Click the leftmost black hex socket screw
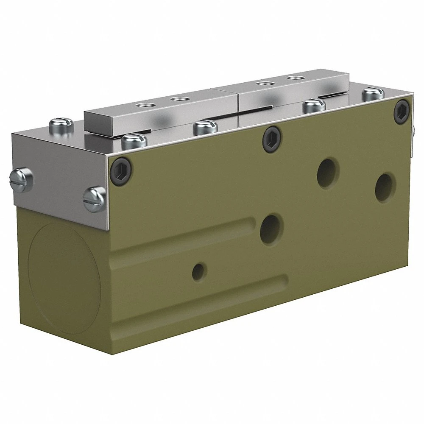click(x=121, y=170)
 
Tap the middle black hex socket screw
click(x=271, y=136)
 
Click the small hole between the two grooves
click(x=199, y=270)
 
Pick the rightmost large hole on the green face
click(x=385, y=187)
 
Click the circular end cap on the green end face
click(x=64, y=278)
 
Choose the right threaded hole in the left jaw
click(x=181, y=99)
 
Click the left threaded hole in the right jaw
click(x=266, y=84)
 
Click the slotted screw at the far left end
click(x=21, y=179)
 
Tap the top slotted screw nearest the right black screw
click(x=373, y=93)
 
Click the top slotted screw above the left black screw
click(x=134, y=140)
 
